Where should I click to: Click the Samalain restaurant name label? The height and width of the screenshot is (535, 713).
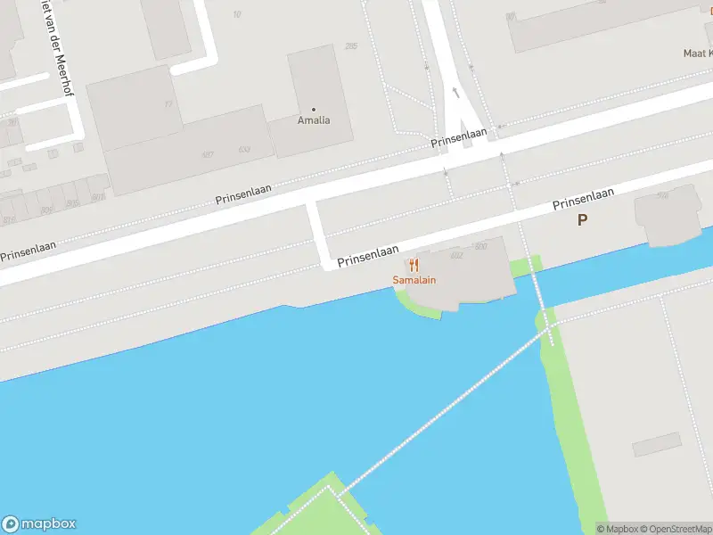414,280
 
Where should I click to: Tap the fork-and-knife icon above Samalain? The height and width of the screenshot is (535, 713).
414,265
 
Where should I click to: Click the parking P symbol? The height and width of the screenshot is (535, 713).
582,219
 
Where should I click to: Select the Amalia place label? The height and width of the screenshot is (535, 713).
313,120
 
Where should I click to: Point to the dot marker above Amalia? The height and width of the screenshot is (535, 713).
313,109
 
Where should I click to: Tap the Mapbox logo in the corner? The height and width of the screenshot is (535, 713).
39,524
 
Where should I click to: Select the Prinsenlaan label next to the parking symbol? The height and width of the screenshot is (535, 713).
584,199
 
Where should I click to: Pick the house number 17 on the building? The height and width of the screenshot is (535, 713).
168,104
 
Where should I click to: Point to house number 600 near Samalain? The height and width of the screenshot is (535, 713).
481,246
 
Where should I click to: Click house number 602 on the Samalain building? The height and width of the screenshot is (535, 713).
457,254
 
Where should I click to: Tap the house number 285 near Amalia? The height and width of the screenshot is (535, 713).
350,46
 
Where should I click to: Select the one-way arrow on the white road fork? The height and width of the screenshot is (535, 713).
455,92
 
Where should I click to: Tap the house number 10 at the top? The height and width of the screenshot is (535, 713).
236,13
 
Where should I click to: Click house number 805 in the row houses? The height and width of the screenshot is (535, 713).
97,197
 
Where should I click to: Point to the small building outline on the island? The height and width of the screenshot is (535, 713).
656,445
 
